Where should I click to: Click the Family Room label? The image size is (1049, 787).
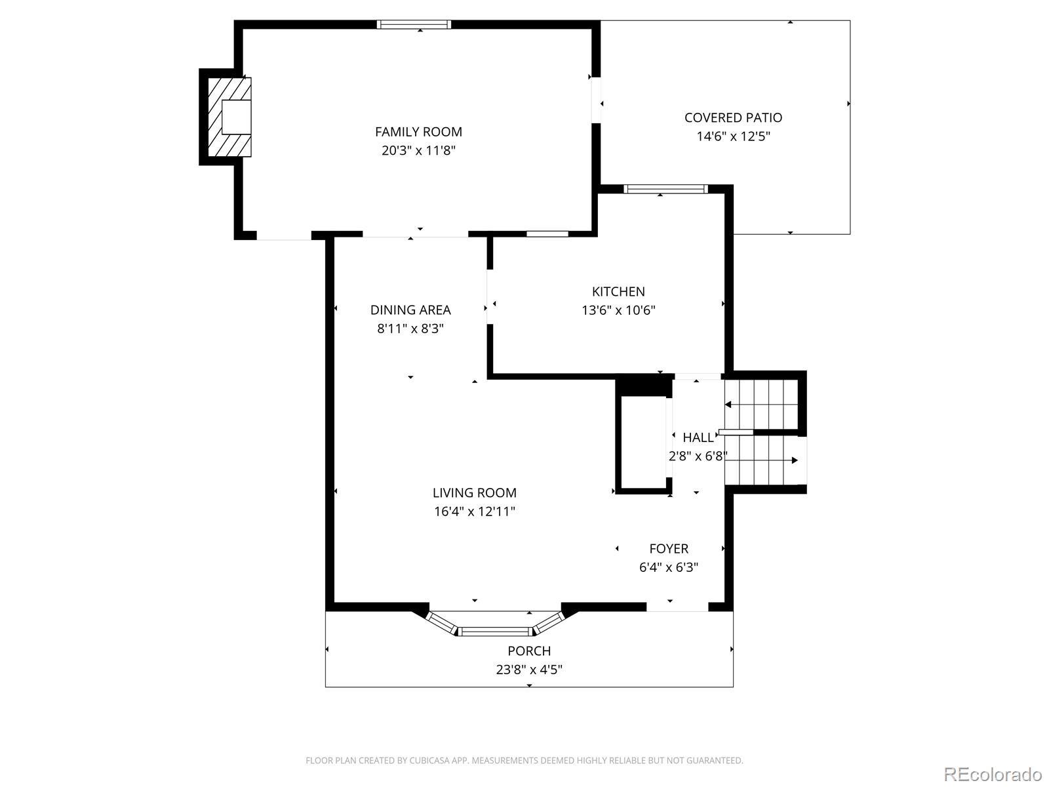tap(418, 132)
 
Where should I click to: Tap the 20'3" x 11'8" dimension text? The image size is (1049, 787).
tap(418, 151)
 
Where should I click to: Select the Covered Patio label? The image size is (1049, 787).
tap(733, 117)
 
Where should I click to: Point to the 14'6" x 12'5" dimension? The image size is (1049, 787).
tap(733, 136)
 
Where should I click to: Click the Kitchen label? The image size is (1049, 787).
tap(618, 291)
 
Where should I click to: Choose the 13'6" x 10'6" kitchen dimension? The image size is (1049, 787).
tap(618, 310)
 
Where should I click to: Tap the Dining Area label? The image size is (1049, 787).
tap(410, 310)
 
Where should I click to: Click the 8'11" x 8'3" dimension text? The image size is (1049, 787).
tap(410, 329)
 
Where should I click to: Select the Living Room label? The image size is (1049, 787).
tap(475, 493)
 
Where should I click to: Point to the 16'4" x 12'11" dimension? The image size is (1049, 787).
tap(475, 512)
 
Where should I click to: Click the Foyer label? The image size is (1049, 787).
tap(669, 548)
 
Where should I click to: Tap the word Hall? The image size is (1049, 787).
tap(698, 437)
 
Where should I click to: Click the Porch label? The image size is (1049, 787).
tap(529, 651)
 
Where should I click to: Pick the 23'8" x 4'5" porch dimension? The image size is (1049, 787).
tap(529, 670)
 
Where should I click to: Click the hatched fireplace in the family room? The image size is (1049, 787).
tap(230, 117)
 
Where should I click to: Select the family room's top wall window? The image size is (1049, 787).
tap(414, 24)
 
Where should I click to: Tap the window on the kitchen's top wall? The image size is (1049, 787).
tap(665, 190)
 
